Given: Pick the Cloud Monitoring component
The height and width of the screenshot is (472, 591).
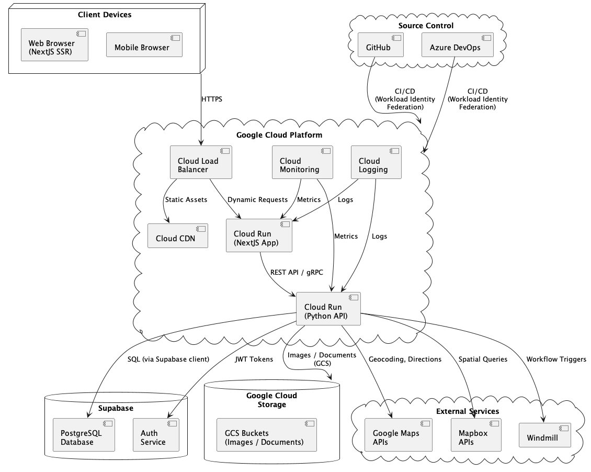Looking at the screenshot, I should [303, 162].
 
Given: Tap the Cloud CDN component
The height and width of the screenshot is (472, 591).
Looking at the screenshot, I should [178, 236].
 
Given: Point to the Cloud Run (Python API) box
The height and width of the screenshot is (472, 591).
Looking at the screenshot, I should [328, 309].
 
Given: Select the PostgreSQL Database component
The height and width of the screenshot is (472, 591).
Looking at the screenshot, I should [84, 434].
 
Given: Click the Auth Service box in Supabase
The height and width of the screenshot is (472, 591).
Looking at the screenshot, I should [156, 434].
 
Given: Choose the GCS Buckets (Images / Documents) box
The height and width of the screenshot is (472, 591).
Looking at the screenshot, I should [267, 434].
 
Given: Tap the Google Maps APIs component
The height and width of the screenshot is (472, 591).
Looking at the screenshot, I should [399, 434].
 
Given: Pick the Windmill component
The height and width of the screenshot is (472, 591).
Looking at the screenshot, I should [544, 434].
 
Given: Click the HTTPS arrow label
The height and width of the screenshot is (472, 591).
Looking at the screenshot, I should [211, 98].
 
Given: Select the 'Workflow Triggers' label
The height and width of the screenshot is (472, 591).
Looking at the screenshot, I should [556, 359].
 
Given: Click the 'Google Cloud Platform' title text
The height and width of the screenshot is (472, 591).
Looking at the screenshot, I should [279, 135].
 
